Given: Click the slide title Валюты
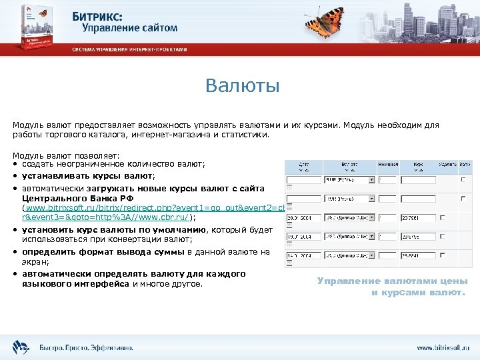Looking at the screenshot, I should (x=243, y=86).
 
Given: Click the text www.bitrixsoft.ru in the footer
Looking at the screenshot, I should (x=443, y=347).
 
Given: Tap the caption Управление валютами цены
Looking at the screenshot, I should (x=393, y=281).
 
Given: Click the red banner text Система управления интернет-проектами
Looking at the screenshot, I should (x=130, y=50).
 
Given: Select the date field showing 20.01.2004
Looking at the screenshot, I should (x=302, y=218).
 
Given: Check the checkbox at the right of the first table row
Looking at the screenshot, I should (x=463, y=180).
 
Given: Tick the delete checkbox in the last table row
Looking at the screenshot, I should (x=463, y=256).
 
